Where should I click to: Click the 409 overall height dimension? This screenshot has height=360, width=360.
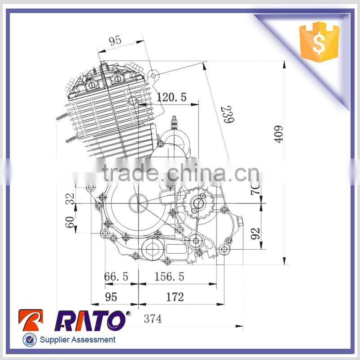[x=279, y=134]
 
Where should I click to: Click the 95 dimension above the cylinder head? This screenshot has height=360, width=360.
[x=115, y=40]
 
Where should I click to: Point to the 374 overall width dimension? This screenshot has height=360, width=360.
[x=153, y=319]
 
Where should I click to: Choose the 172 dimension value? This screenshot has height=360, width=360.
[x=175, y=297]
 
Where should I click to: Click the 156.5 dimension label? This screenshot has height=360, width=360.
[x=169, y=277]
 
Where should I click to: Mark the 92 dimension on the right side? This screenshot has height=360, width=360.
[x=256, y=233]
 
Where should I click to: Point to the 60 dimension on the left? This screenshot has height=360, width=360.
[x=70, y=221]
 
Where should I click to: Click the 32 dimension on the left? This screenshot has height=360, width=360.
[x=70, y=199]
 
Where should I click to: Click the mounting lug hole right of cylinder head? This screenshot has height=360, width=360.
[x=153, y=75]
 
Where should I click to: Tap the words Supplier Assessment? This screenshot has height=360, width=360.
[x=77, y=340]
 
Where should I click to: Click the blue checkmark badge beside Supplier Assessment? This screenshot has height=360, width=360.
[x=29, y=340]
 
